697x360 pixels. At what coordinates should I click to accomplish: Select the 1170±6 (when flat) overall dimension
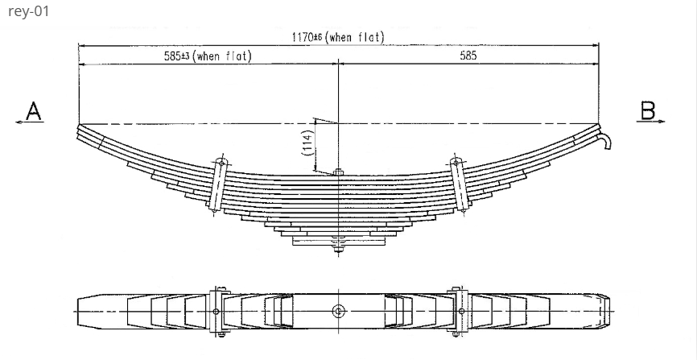337,37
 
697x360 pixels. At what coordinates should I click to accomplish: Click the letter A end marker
33,110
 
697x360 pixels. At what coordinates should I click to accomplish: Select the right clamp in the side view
459,184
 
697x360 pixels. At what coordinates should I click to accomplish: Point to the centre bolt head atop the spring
339,171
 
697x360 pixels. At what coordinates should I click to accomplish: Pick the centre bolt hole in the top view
339,310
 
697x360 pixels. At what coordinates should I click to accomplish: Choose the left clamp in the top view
217,311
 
